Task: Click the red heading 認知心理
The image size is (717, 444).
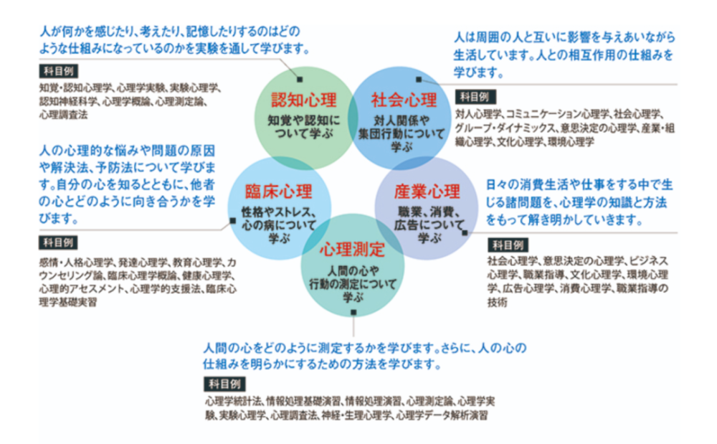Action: point(303,100)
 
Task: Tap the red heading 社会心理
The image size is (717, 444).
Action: point(404,100)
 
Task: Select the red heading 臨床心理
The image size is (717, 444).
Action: point(278,191)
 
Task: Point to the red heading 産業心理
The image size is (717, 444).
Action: point(427,191)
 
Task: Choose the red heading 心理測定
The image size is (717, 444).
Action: point(352,249)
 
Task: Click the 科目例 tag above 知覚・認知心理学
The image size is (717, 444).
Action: point(59,71)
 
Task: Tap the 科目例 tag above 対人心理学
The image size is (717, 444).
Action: point(475,97)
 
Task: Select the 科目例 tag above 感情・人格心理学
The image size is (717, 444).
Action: point(59,243)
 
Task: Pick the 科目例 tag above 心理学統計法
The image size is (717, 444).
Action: point(224,384)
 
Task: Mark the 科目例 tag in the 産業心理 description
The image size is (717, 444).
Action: point(508,245)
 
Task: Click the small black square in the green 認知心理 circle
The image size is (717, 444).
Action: point(300,80)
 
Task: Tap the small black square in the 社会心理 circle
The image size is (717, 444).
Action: point(419,80)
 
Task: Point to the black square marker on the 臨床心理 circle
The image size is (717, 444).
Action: point(233,221)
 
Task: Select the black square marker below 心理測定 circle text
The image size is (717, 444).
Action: point(353,312)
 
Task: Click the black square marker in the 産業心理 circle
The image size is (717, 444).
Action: point(465,232)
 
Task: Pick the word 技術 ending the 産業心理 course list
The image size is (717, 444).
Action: point(497,302)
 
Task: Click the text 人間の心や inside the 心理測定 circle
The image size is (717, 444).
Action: point(353,271)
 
